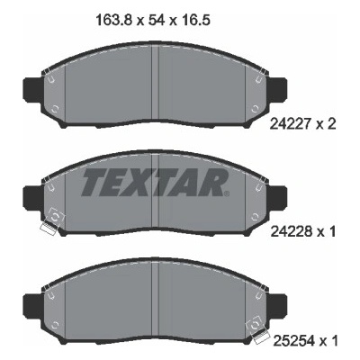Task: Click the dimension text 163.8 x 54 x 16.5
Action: [x=152, y=21]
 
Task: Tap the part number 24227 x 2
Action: [x=302, y=124]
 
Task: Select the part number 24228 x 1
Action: [x=303, y=231]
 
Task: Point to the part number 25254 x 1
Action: [x=305, y=341]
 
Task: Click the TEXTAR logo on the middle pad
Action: [x=153, y=182]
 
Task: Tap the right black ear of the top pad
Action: [x=276, y=89]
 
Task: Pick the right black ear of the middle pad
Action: [x=276, y=197]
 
